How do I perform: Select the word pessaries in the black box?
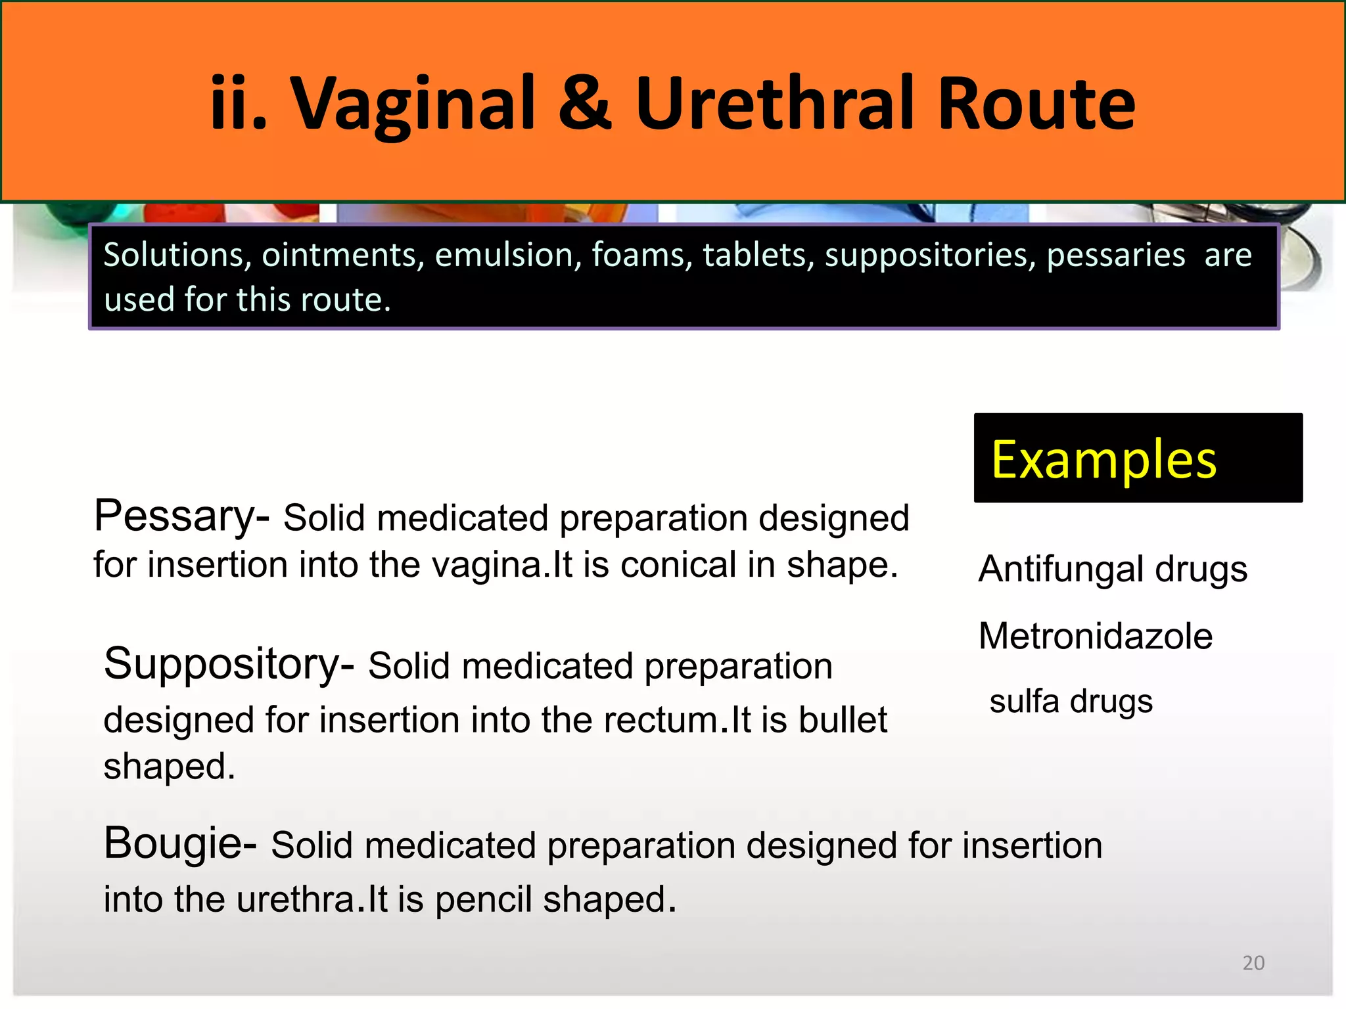1115,255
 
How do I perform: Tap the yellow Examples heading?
1103,459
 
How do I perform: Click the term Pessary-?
181,516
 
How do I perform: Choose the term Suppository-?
229,664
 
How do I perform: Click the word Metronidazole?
1095,636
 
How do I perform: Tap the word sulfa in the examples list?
1025,701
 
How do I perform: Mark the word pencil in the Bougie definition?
483,899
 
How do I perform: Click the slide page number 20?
1253,962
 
